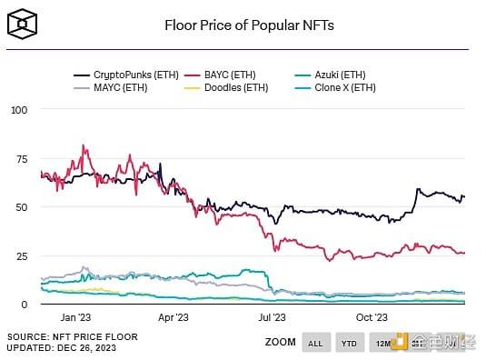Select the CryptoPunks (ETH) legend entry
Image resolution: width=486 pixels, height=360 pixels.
(x=118, y=75)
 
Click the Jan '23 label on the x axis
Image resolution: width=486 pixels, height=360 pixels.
(x=74, y=317)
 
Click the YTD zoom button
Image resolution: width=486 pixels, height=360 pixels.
(x=348, y=343)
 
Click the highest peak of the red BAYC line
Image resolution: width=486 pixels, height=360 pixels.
(x=84, y=145)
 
